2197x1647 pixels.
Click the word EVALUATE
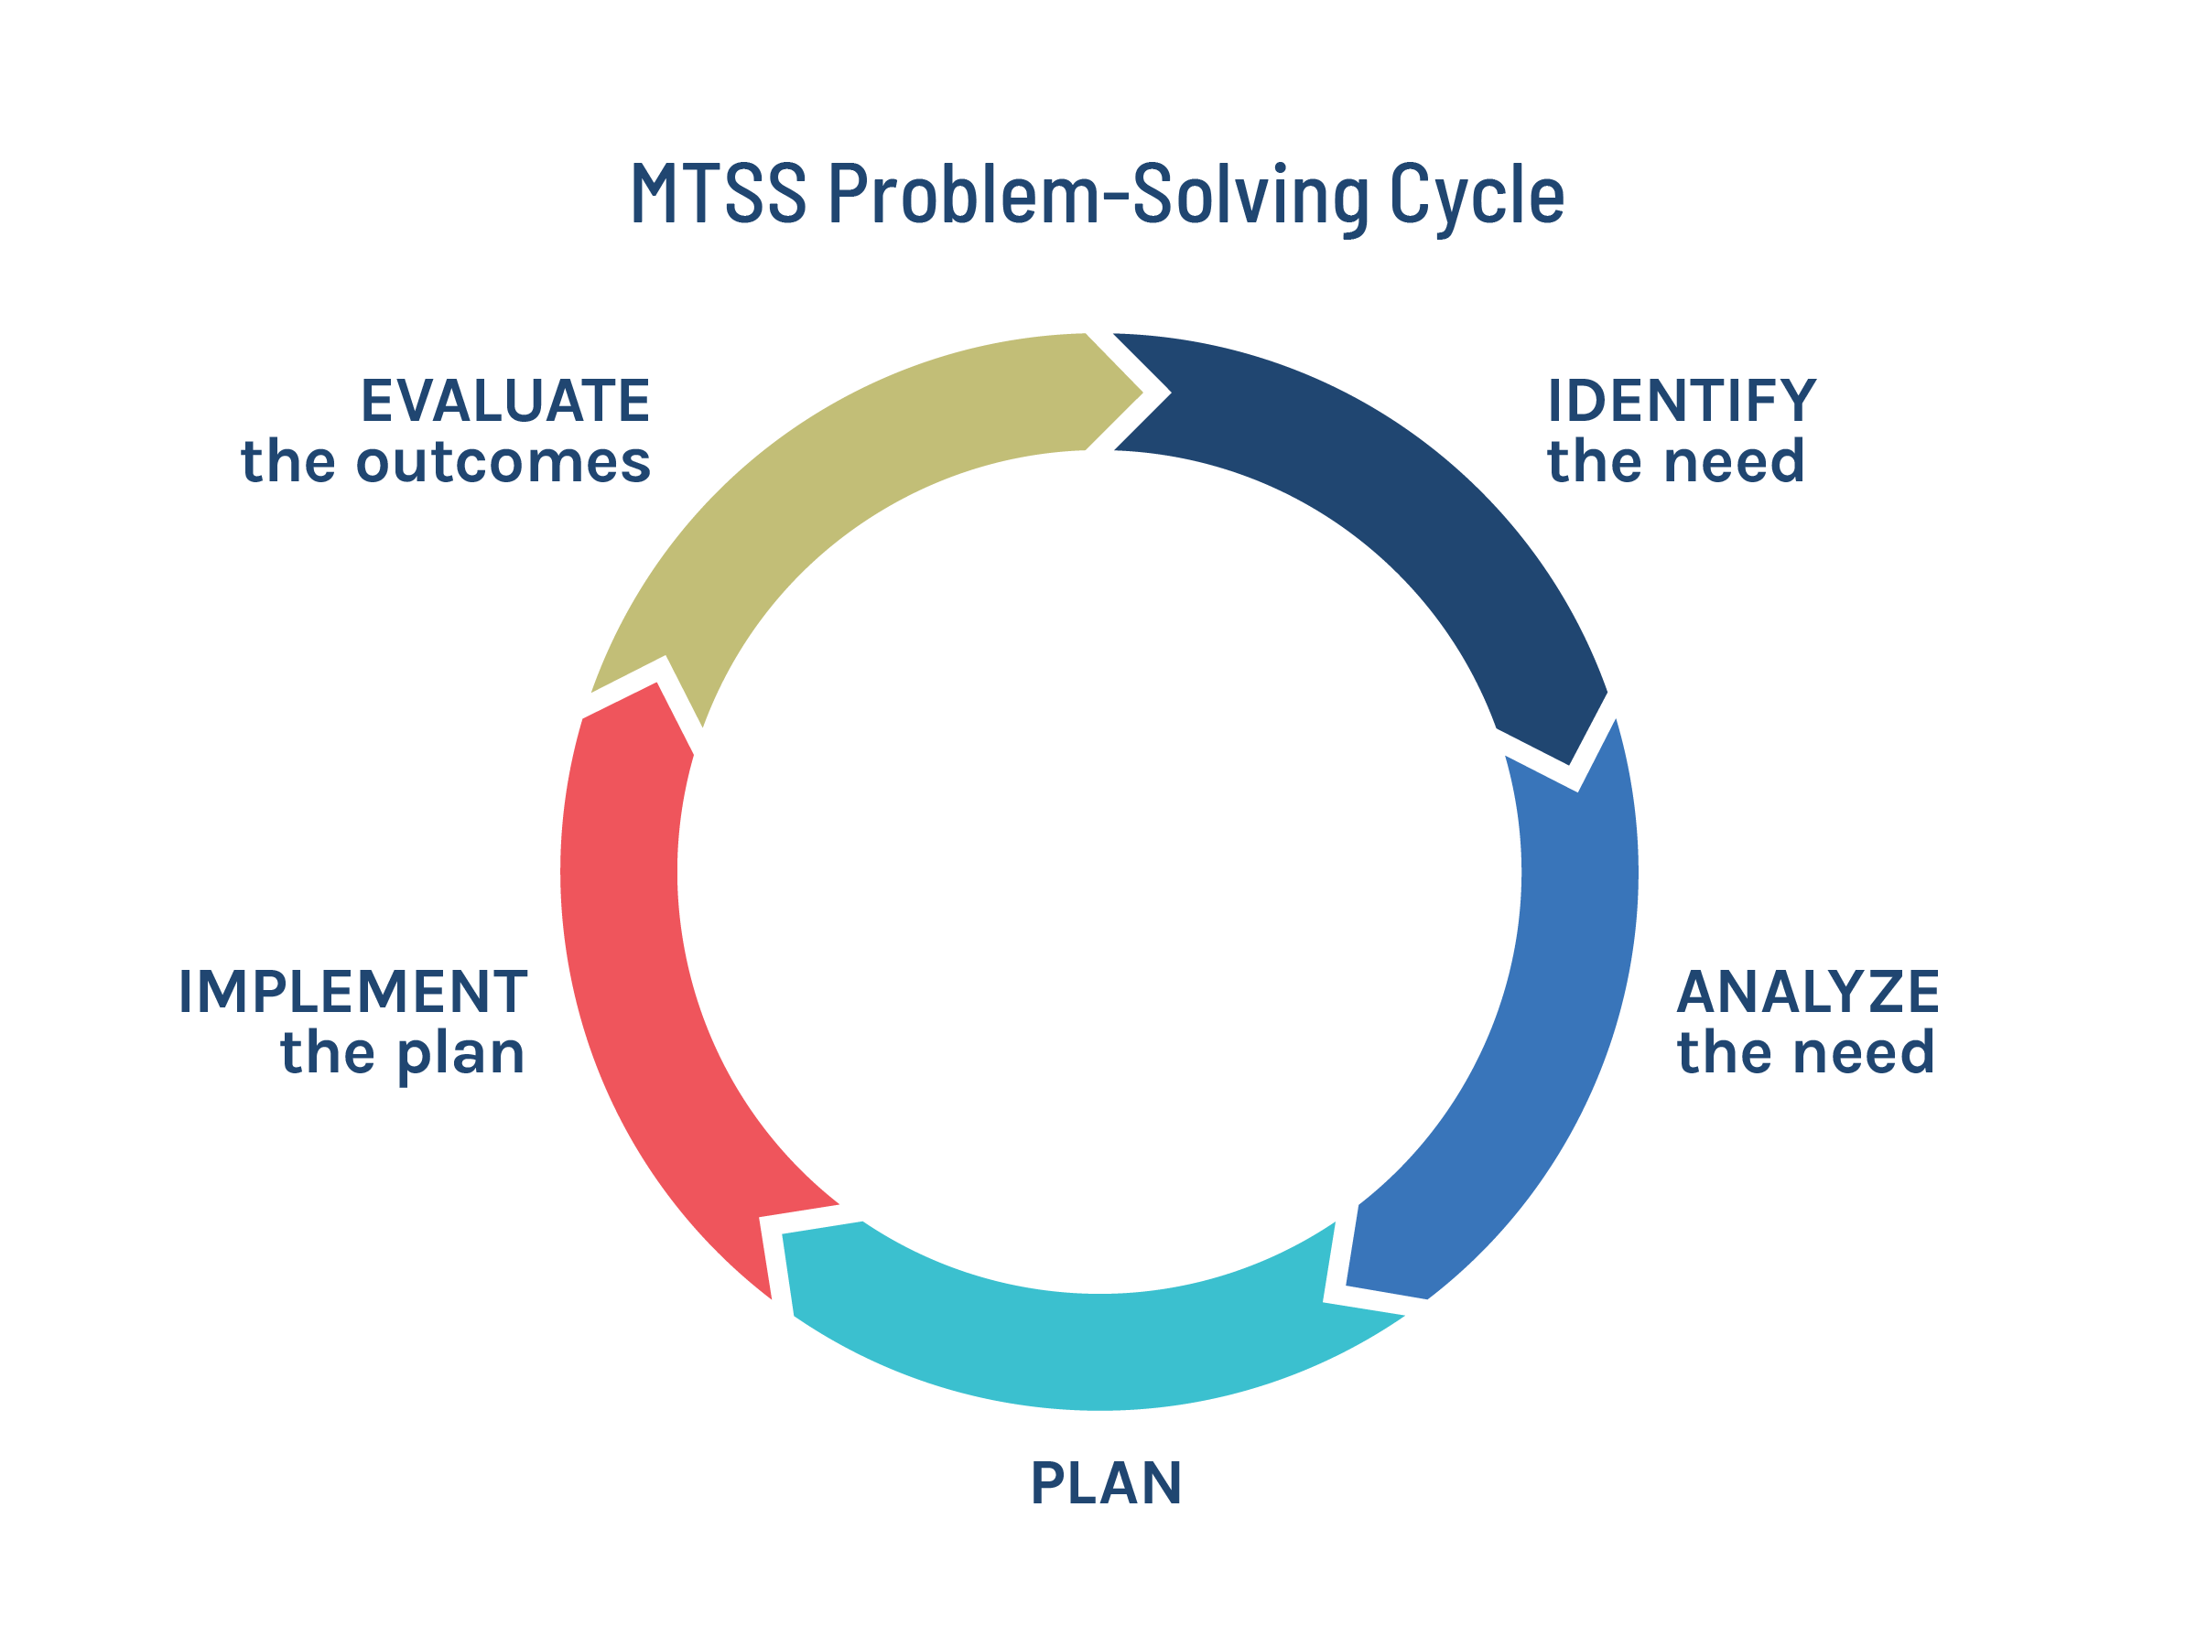coord(504,402)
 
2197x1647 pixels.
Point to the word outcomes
coord(503,464)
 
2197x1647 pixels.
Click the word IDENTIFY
coord(1681,402)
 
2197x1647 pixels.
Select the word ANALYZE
coord(1808,993)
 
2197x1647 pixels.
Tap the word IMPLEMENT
coord(352,993)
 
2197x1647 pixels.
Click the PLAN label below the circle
coord(1106,1484)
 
